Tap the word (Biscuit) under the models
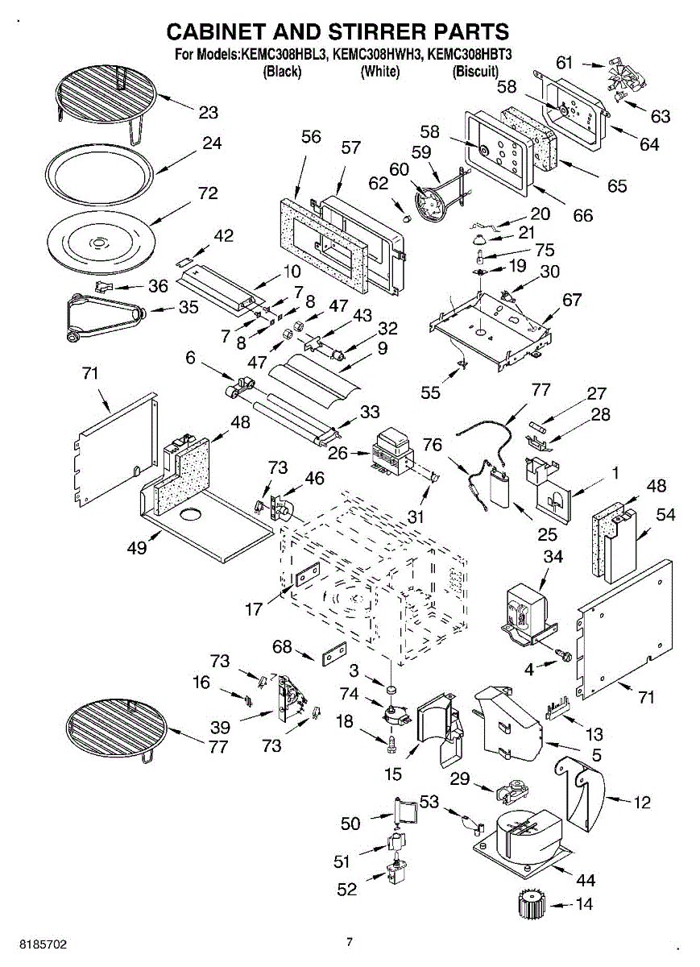click(475, 71)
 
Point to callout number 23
click(209, 113)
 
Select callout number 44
click(586, 879)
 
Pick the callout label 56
click(311, 137)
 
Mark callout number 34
click(553, 557)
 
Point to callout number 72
click(208, 193)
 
